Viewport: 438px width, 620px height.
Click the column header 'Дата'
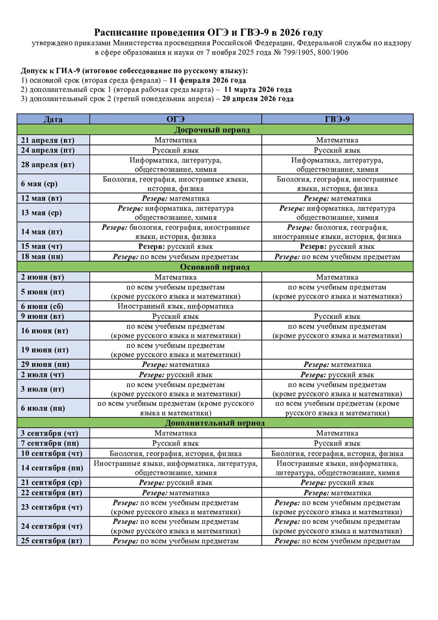tap(53, 119)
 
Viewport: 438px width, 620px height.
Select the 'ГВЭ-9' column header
tap(337, 119)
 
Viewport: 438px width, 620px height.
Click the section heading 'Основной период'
tap(215, 267)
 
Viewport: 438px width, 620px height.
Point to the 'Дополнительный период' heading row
tap(215, 423)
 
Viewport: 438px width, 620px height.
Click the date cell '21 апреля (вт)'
tap(48, 140)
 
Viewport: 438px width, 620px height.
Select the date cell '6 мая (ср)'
tap(39, 184)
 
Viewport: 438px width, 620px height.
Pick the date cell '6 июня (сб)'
tap(42, 307)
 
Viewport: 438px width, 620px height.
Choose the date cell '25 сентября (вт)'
tap(52, 541)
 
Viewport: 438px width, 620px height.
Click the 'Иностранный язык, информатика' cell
tap(175, 307)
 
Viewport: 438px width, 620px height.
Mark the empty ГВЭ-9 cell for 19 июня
tap(337, 350)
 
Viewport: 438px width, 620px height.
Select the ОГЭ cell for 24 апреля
tap(175, 150)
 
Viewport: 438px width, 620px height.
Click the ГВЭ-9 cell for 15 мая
tap(337, 246)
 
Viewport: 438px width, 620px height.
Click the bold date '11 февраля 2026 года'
tap(208, 81)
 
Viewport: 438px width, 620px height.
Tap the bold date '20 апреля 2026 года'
tap(258, 99)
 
